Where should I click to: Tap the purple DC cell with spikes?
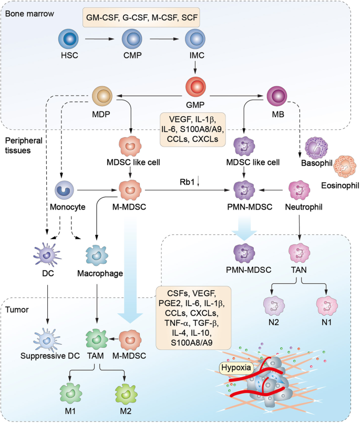[47, 255]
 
